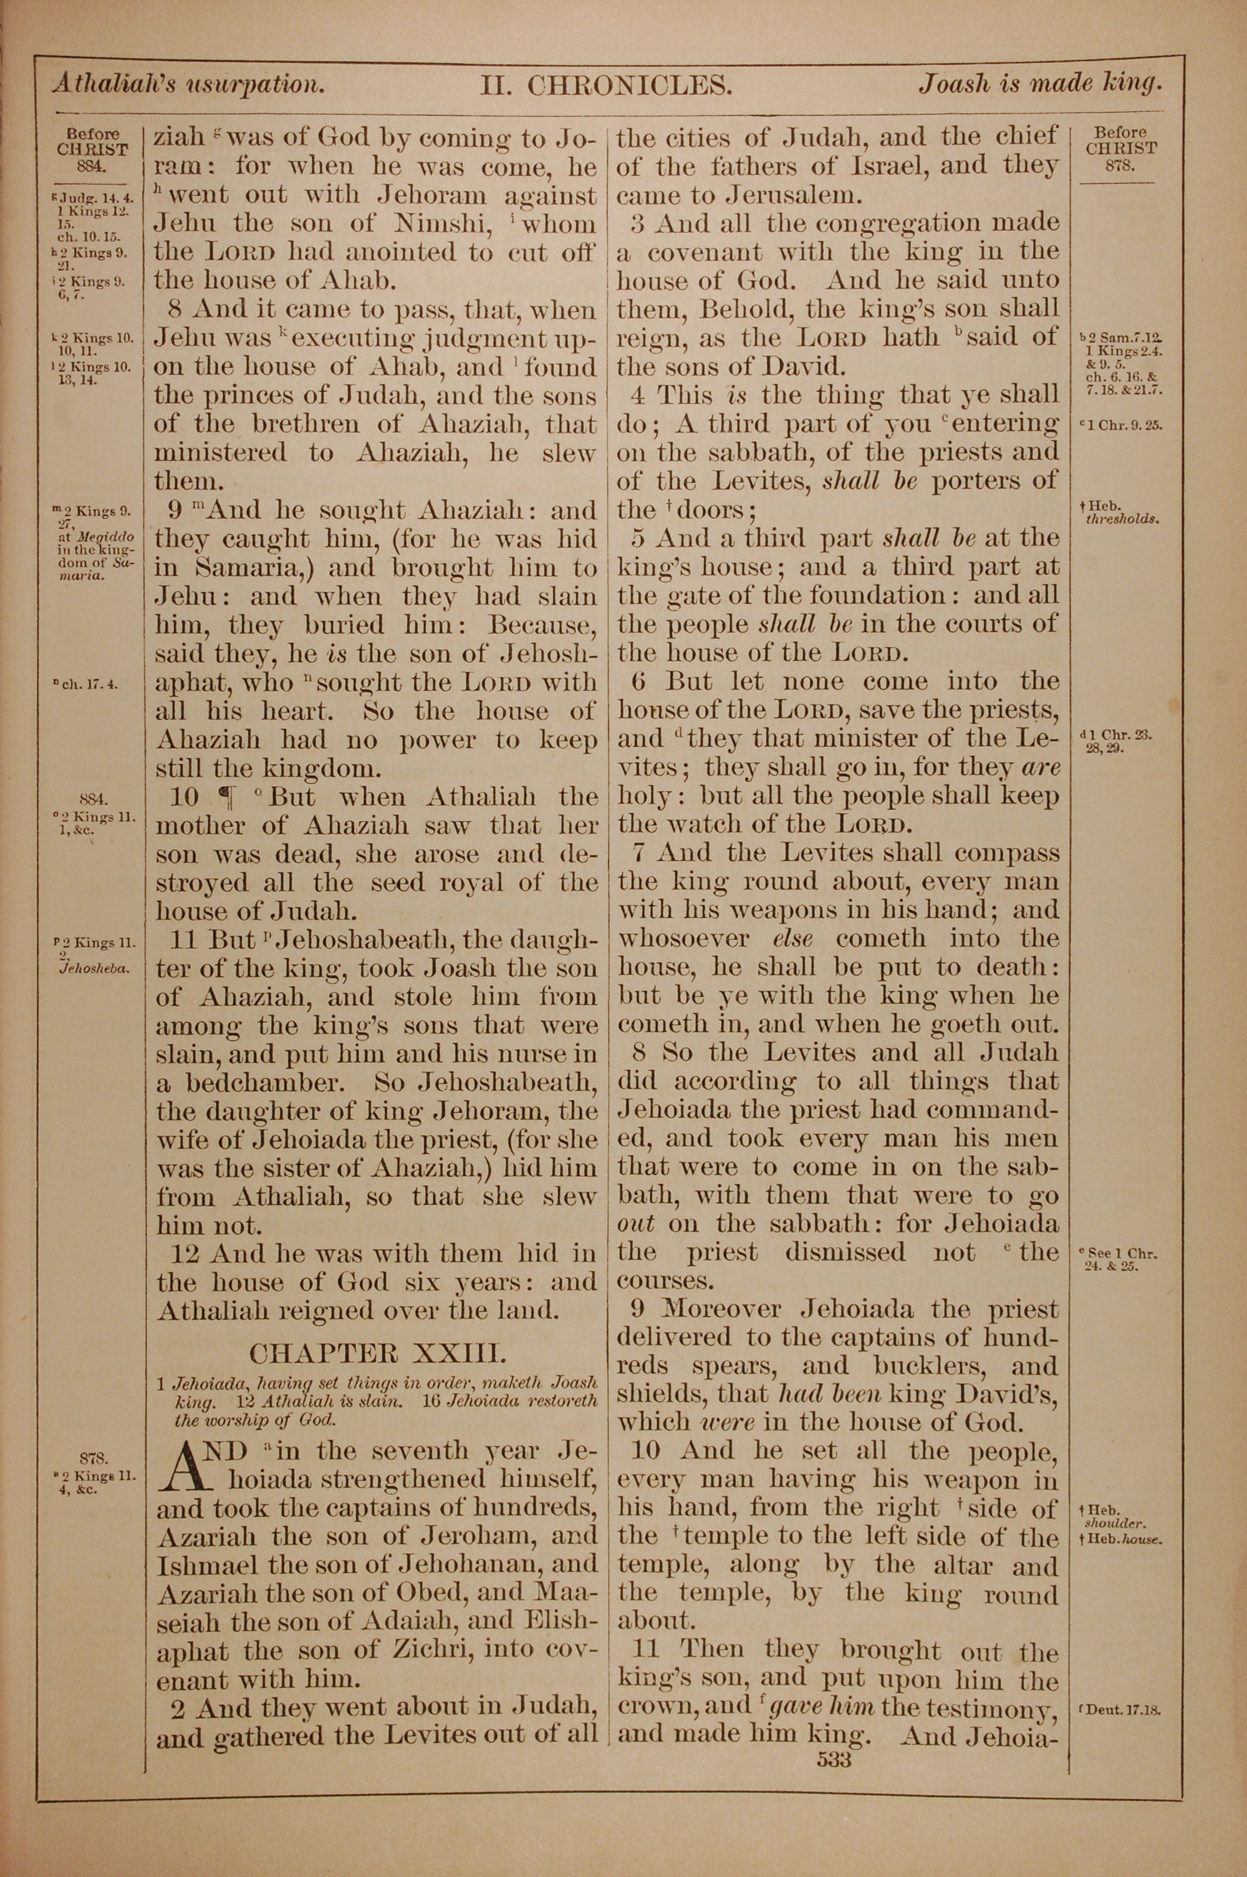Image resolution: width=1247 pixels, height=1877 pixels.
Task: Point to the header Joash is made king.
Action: pyautogui.click(x=1040, y=84)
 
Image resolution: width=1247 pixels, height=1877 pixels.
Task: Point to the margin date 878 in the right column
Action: pyautogui.click(x=1120, y=165)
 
